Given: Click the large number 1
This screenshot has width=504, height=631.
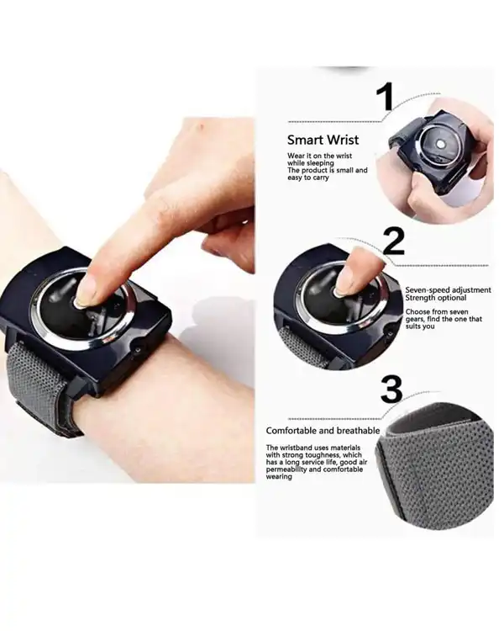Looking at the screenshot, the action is (385, 97).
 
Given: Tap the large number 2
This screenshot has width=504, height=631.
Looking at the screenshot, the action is (393, 241).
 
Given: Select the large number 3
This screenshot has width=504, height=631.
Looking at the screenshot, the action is (391, 389).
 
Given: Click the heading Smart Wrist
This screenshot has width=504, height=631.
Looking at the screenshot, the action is (323, 140).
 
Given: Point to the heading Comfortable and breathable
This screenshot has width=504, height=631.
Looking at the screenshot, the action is (323, 431).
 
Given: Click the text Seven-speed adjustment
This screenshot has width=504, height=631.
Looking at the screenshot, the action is (448, 289).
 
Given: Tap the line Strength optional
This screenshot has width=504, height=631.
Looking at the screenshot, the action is (436, 298).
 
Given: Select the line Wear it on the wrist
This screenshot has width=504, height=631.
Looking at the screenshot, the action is (319, 156).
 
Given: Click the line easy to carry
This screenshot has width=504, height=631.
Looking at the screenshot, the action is (308, 178).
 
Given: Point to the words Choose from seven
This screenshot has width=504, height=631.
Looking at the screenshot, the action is (437, 311).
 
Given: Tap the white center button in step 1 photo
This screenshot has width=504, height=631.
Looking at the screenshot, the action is (440, 144).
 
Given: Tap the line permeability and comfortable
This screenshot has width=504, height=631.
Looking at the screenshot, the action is (314, 469).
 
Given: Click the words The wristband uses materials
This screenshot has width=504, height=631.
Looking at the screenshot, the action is (313, 448).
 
